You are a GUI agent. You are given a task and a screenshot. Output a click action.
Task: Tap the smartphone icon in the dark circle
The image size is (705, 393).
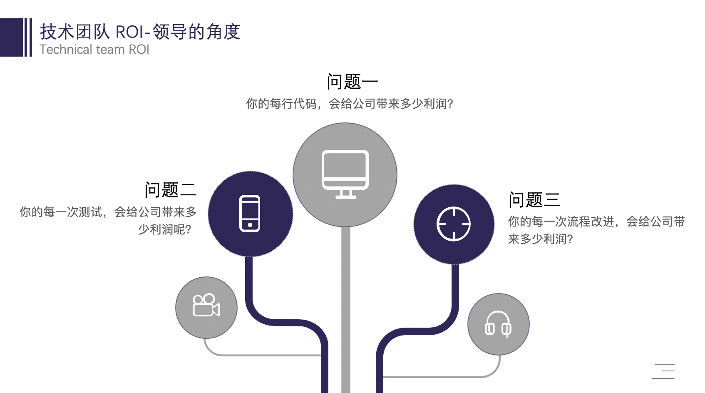click(x=250, y=214)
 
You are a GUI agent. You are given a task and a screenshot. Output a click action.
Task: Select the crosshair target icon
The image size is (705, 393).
click(x=454, y=224)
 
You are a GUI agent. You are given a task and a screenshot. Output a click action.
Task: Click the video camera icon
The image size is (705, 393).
click(x=206, y=306)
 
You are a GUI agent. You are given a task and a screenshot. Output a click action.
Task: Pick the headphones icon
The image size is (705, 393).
click(x=498, y=324)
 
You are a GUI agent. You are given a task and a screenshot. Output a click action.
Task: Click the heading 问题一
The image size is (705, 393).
click(x=352, y=82)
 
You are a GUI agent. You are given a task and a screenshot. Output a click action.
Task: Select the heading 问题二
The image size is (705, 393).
click(x=170, y=190)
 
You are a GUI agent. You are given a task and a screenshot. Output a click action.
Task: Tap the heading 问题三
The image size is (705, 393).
click(x=534, y=200)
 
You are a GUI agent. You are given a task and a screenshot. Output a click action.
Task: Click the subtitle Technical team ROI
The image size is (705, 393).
click(x=94, y=50)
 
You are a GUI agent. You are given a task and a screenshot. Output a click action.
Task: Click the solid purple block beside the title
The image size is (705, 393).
click(x=11, y=37)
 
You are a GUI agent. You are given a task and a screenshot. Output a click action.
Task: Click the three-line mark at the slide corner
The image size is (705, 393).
click(x=663, y=371)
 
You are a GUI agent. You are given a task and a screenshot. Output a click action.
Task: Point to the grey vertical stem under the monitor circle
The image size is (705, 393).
click(x=345, y=308)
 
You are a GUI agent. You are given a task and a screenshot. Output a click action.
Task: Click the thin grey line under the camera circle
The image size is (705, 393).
click(x=262, y=355)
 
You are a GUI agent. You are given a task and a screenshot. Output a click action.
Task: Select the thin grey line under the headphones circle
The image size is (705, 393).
click(x=441, y=376)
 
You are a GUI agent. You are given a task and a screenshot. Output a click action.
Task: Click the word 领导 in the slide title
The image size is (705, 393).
click(x=170, y=32)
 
